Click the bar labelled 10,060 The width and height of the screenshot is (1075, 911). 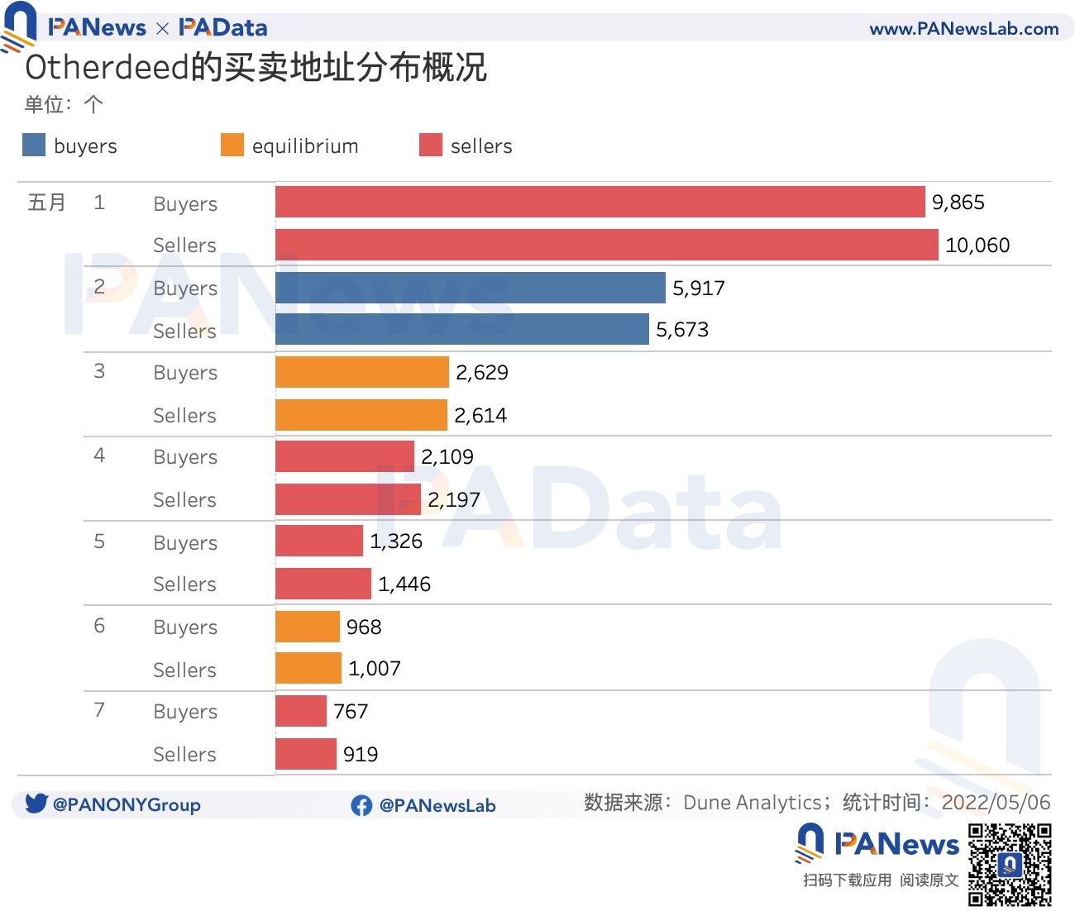point(606,245)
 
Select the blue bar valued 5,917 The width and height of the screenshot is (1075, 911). point(470,288)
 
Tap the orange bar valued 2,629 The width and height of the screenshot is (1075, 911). point(361,372)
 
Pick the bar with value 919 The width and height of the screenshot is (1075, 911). point(305,754)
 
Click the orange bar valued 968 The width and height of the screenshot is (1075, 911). point(307,627)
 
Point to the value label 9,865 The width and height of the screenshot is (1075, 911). point(958,203)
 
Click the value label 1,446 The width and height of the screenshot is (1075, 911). point(404,584)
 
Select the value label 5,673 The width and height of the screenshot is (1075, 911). point(681,330)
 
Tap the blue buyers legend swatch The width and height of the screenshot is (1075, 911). point(34,145)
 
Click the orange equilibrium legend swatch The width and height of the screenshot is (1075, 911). point(232,145)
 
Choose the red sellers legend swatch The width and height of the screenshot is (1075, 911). point(431,145)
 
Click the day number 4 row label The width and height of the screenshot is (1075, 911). point(99,455)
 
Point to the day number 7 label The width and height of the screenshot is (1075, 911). point(99,710)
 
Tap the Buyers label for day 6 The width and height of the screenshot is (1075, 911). point(185,627)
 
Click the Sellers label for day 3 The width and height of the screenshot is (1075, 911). point(184,416)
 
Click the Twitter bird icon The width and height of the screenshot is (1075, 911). point(36,804)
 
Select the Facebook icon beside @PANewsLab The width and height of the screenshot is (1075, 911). point(361,805)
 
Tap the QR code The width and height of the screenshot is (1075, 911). point(1010,864)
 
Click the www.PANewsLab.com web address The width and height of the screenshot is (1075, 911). point(963,29)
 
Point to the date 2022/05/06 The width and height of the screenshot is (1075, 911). point(996,803)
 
